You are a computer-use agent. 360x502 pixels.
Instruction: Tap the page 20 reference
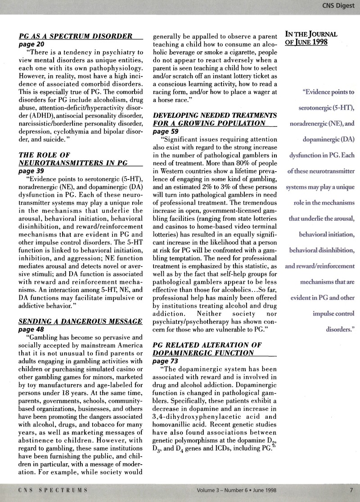tap(31, 45)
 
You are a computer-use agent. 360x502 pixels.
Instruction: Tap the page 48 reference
tap(31, 329)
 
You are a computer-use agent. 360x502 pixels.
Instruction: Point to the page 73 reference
tap(166, 361)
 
